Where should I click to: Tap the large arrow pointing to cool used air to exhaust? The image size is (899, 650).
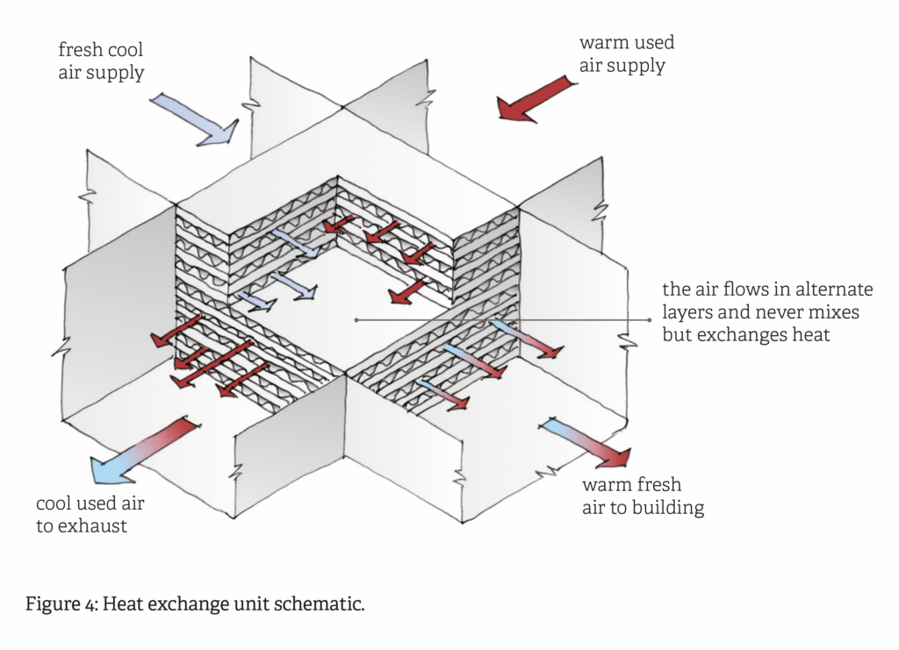point(142,450)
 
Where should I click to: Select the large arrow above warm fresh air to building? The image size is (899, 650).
point(586,443)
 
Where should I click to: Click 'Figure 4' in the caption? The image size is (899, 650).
point(59,604)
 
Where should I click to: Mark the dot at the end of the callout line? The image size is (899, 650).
point(356,320)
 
